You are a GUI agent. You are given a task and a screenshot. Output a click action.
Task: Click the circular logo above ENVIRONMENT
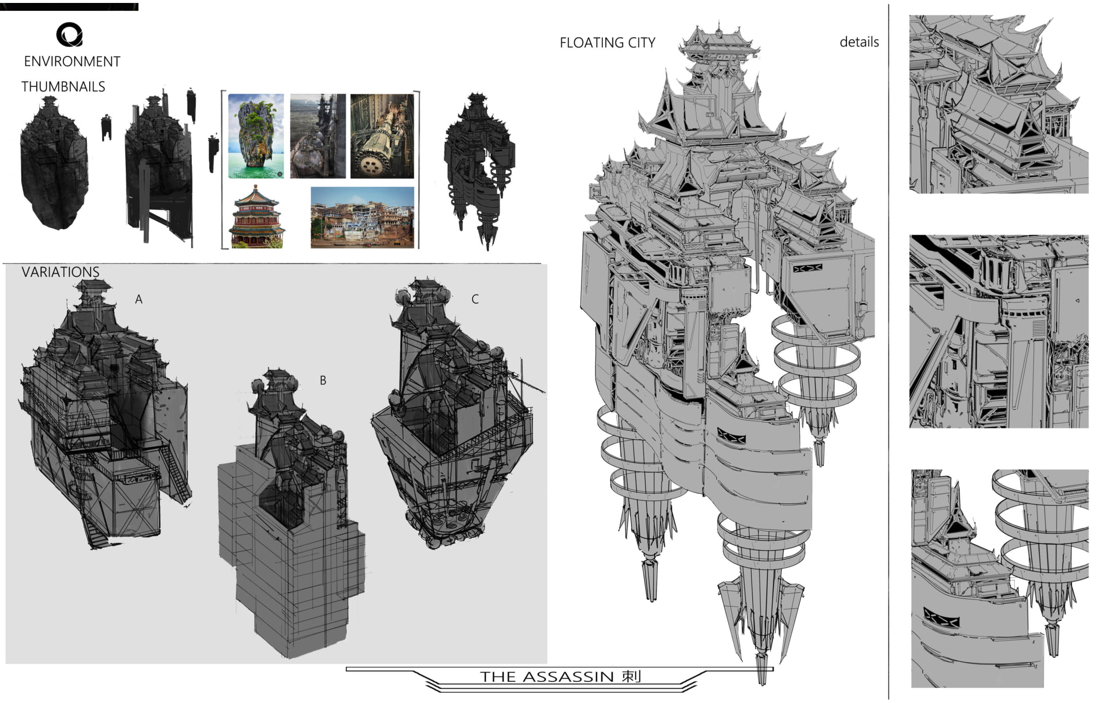click(x=69, y=34)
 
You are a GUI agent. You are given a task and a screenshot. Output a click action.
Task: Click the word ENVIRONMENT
click(x=72, y=61)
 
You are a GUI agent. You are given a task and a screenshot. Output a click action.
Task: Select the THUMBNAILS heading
click(x=63, y=87)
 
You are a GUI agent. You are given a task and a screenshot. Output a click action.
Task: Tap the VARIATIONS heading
click(x=60, y=272)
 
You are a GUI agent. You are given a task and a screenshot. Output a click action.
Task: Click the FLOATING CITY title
click(x=608, y=43)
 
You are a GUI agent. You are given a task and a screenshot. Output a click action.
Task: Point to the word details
click(x=859, y=42)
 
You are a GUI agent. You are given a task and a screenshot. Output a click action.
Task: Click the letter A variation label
click(x=139, y=299)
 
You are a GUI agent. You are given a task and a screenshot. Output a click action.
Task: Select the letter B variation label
click(x=323, y=380)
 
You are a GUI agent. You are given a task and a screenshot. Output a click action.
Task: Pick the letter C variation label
click(x=475, y=299)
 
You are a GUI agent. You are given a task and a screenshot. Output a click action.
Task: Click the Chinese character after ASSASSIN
click(x=632, y=677)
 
